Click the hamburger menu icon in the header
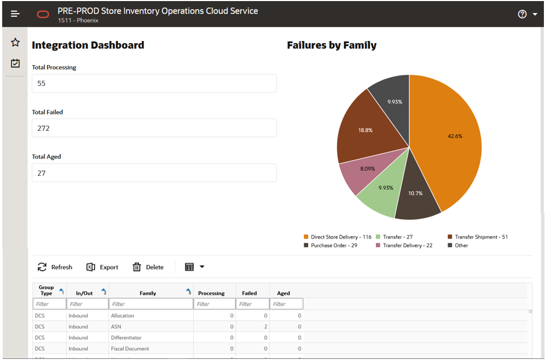click(x=15, y=14)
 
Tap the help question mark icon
click(x=522, y=14)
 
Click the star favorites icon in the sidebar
click(x=15, y=43)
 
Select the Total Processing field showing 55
click(x=154, y=84)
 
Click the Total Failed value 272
click(x=154, y=128)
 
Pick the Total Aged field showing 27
click(x=154, y=173)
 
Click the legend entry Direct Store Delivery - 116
click(x=338, y=237)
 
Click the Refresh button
click(x=55, y=267)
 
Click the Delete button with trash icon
click(x=148, y=267)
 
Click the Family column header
click(x=148, y=293)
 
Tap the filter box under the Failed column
click(x=252, y=304)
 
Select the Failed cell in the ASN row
click(x=252, y=327)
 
